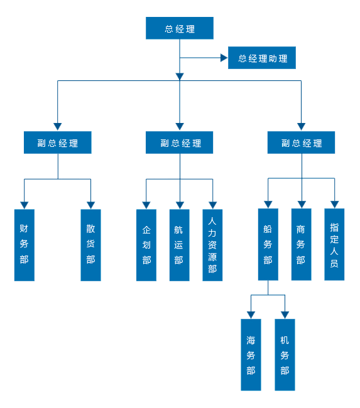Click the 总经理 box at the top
point(180,28)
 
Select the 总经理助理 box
point(262,58)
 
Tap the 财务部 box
point(25,245)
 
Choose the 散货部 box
point(90,245)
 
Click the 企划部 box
point(146,245)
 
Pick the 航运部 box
point(180,245)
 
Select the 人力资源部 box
point(212,245)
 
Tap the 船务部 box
point(268,244)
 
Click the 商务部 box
point(301,244)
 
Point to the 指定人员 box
point(334,244)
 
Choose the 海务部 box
point(251,355)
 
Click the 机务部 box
point(285,355)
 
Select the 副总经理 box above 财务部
point(58,142)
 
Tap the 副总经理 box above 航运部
point(179,142)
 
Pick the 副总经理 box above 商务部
point(301,142)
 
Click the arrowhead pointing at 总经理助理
point(224,58)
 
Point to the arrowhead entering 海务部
point(251,315)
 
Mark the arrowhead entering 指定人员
point(334,205)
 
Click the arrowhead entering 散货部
point(90,205)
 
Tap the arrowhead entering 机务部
point(285,315)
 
